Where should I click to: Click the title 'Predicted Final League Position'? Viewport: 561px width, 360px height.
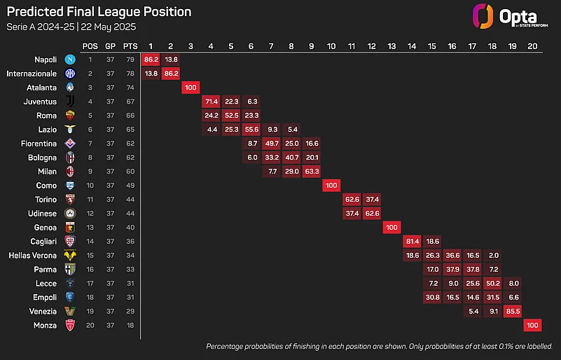click(99, 12)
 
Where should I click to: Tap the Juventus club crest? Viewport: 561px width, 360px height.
click(70, 102)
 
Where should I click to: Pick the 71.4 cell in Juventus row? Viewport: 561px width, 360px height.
click(211, 102)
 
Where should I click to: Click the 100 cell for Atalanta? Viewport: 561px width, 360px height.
click(191, 88)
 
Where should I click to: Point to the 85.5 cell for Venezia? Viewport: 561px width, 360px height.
click(513, 312)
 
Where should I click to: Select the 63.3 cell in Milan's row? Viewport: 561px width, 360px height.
click(312, 172)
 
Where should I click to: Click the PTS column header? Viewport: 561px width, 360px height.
click(129, 46)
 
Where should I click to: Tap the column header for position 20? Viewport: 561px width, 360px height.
click(532, 46)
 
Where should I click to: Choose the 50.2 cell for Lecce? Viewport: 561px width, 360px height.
click(492, 283)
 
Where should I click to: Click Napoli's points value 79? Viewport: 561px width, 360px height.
click(129, 60)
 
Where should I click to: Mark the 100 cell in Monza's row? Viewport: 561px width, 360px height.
click(532, 326)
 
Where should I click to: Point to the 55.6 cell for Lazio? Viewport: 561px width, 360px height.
click(251, 130)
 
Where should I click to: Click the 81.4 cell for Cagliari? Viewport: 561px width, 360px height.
click(412, 242)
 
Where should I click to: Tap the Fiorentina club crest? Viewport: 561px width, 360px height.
click(70, 144)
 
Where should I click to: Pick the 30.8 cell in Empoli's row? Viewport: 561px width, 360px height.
click(432, 297)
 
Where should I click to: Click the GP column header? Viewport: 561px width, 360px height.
click(110, 46)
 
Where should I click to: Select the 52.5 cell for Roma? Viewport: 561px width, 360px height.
click(231, 116)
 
